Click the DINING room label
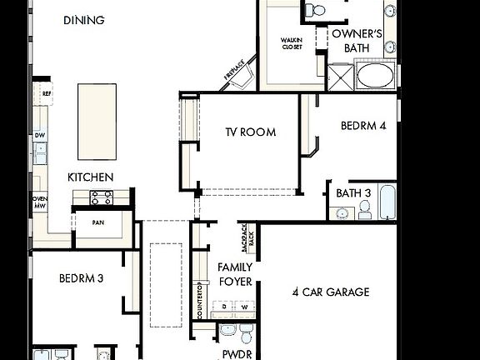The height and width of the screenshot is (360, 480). click(84, 19)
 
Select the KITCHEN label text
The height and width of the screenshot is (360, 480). click(90, 177)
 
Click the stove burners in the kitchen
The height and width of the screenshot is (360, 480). click(101, 197)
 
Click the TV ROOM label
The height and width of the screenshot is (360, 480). click(250, 132)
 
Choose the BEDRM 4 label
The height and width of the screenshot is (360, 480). click(363, 126)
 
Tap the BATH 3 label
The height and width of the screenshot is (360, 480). click(353, 193)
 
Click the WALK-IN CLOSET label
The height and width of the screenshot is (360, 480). click(292, 43)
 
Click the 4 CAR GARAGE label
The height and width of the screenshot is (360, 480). click(331, 292)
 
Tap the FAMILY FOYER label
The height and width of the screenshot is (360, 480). click(235, 274)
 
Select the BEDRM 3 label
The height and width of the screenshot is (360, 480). click(81, 278)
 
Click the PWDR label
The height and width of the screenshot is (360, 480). click(232, 354)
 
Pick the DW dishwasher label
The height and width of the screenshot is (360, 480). click(39, 135)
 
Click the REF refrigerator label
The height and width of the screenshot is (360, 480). click(47, 94)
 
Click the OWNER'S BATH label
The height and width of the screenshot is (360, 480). click(357, 41)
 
